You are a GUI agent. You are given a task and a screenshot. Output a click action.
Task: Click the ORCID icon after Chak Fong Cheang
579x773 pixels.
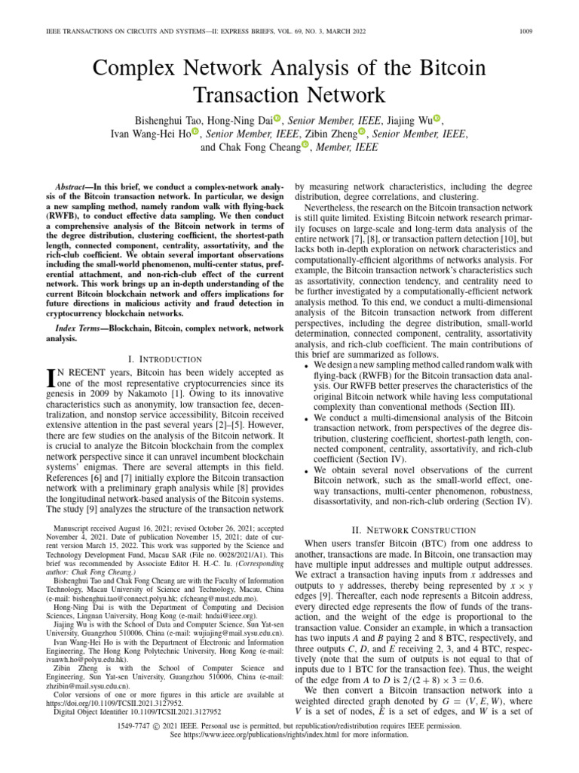coord(305,146)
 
